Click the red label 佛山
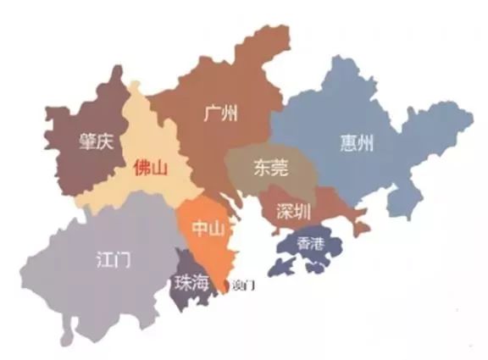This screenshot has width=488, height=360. (x=151, y=168)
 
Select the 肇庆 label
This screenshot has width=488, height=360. (x=96, y=142)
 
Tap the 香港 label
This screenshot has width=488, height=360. (x=311, y=244)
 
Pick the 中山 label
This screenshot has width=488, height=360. (x=208, y=228)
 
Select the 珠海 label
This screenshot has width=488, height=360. (x=191, y=285)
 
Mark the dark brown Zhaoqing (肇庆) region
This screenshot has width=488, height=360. (x=76, y=169)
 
